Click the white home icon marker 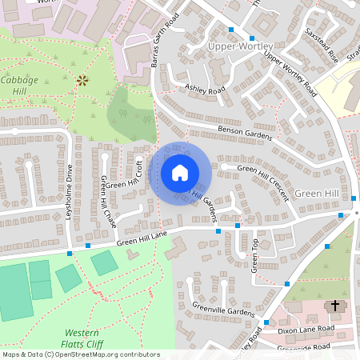pyautogui.click(x=180, y=173)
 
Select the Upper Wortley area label pyautogui.click(x=240, y=46)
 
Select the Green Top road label pyautogui.click(x=254, y=255)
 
